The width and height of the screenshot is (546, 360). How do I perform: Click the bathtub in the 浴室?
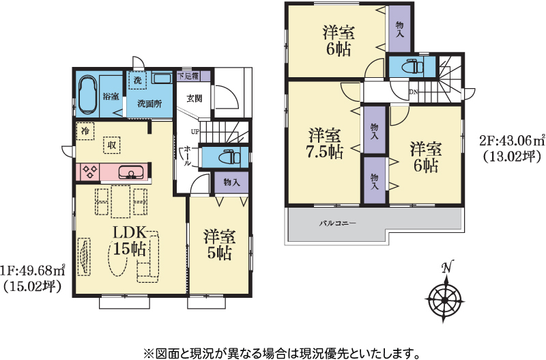click(x=88, y=96)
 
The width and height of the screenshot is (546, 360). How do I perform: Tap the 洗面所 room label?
click(x=149, y=104)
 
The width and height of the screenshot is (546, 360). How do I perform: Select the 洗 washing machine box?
click(x=138, y=80)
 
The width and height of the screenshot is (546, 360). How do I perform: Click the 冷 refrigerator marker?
click(x=85, y=131)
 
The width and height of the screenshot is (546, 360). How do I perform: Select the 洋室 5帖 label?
click(x=219, y=245)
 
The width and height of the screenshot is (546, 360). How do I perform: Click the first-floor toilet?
click(x=229, y=157)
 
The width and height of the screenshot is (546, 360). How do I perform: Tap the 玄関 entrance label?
click(x=195, y=98)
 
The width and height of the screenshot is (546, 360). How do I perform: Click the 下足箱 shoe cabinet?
click(x=194, y=76)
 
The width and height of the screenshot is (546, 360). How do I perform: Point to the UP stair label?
click(x=195, y=132)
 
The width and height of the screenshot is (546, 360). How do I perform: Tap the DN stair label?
click(x=414, y=92)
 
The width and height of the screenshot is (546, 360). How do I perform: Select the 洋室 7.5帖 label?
click(x=325, y=143)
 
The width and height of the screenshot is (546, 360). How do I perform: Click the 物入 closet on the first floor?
click(x=231, y=182)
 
